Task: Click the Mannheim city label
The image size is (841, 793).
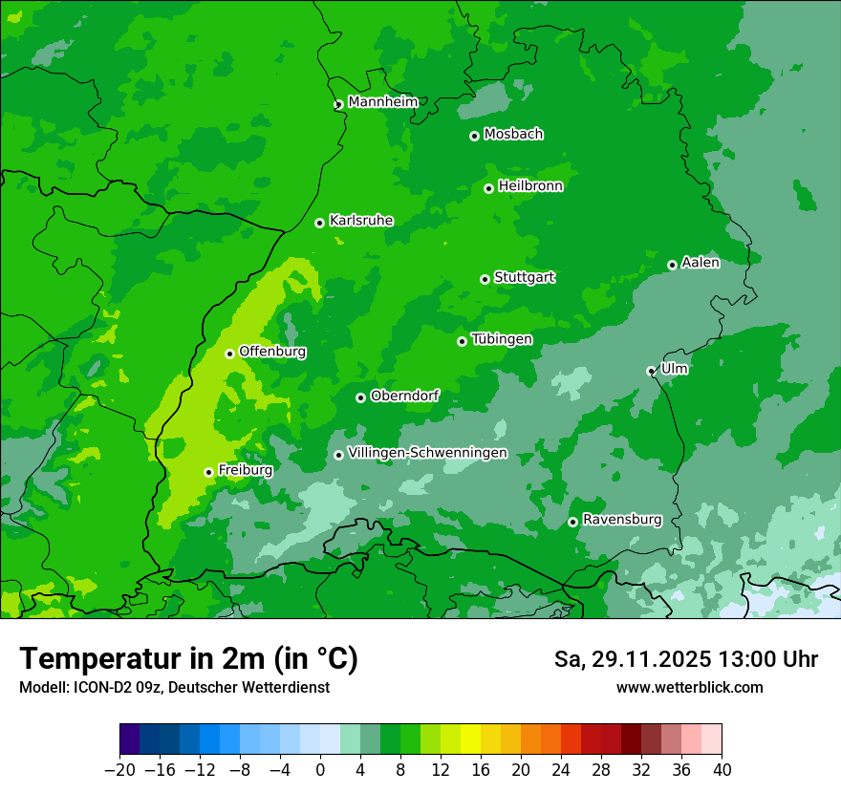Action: (382, 102)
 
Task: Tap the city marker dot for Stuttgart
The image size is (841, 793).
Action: (485, 279)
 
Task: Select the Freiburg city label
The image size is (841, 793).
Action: (245, 470)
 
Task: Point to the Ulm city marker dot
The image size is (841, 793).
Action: (651, 371)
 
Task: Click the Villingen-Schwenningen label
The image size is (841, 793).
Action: (427, 453)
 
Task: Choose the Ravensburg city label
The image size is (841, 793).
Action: (621, 520)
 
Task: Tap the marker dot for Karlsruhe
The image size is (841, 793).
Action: (319, 223)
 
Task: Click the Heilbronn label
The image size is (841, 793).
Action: (530, 186)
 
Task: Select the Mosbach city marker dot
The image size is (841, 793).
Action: (474, 136)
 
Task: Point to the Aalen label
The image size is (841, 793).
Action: (701, 263)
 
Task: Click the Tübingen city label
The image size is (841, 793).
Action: (502, 339)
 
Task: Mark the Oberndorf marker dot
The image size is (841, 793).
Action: (360, 397)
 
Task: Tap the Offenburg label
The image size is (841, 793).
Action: (272, 352)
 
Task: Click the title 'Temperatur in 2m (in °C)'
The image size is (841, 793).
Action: (188, 659)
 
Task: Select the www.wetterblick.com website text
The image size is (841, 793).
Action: (689, 687)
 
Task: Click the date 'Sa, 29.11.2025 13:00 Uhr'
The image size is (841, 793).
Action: (685, 659)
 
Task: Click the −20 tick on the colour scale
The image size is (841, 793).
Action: (119, 770)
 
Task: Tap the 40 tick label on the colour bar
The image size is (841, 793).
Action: (722, 770)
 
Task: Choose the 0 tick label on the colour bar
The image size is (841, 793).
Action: (320, 770)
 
